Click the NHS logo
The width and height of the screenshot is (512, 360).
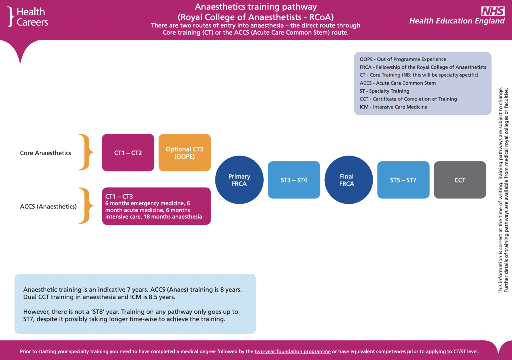point(493,11)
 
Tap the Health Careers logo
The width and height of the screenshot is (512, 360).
point(28,17)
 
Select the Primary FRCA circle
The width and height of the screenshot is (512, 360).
point(239,180)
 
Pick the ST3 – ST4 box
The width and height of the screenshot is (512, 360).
point(294,180)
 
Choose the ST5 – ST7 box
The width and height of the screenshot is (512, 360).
point(403,180)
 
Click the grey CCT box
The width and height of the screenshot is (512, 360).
point(460,180)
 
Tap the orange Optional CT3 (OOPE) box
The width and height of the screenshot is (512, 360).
point(184,153)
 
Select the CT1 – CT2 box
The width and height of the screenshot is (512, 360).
point(128,153)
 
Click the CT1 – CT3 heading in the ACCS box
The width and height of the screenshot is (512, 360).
point(119,196)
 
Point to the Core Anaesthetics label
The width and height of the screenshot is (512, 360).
point(45,153)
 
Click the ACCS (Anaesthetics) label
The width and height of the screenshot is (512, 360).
point(48,206)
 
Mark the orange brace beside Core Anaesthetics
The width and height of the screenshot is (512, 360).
point(86,152)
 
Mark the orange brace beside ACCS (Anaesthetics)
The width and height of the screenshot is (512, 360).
point(86,205)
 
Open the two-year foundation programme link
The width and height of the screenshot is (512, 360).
point(292,351)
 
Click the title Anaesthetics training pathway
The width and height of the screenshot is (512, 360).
point(256,7)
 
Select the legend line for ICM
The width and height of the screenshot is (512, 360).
point(393,107)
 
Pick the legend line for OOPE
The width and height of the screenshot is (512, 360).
point(403,59)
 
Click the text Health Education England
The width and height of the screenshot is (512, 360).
point(457,21)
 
